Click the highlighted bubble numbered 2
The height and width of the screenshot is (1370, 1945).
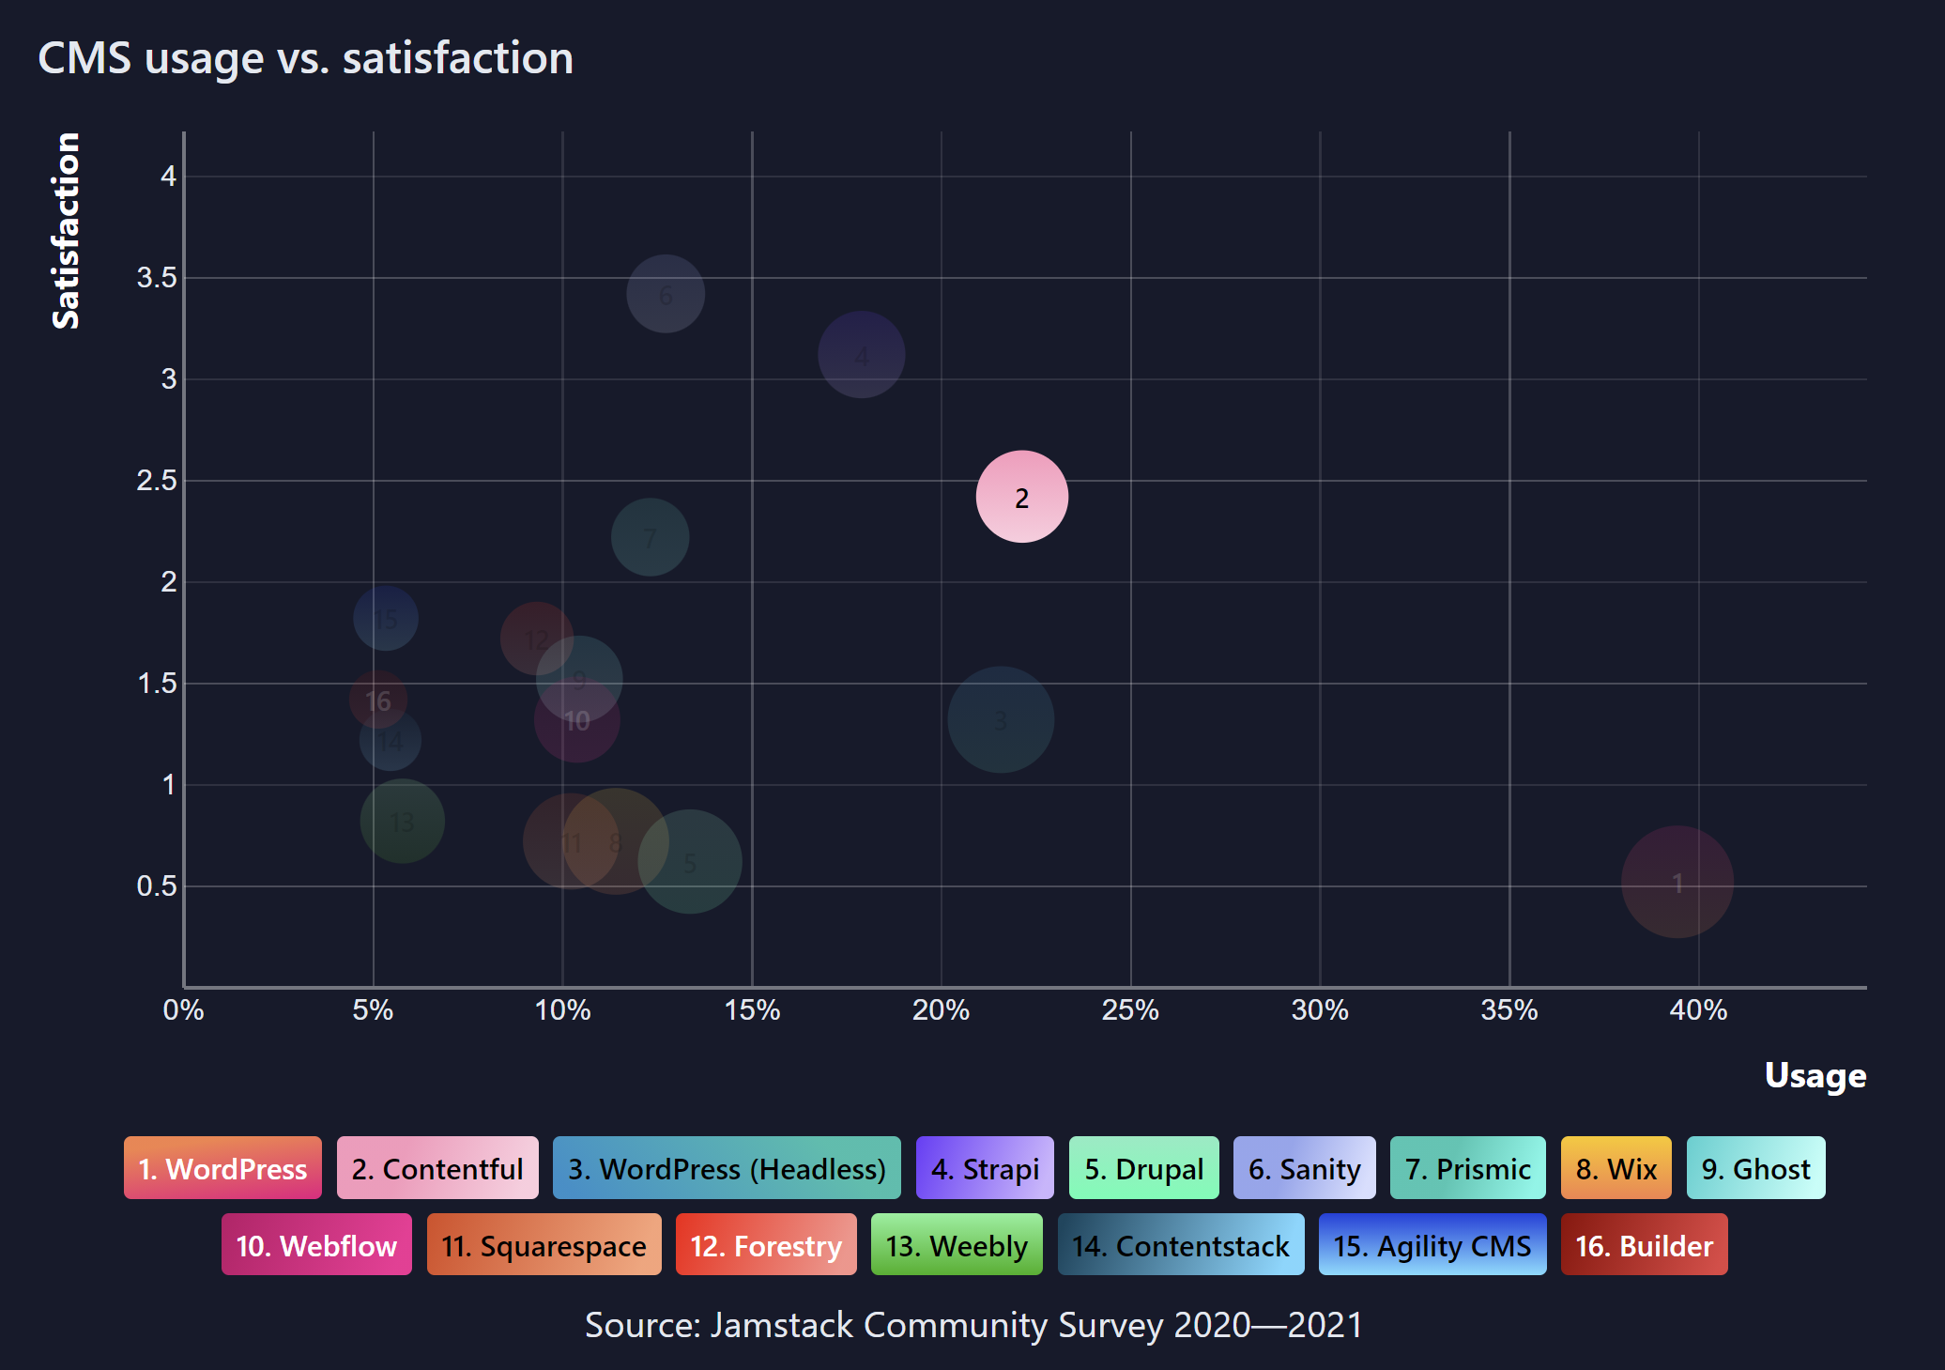(1021, 497)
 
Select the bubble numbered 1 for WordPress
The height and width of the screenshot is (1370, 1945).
(1677, 882)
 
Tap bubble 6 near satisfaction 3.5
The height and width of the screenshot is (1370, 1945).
(666, 294)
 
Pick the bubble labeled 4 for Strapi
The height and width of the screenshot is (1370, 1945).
(861, 355)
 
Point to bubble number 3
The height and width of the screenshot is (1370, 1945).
(1000, 719)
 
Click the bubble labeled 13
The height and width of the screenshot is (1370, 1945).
(402, 822)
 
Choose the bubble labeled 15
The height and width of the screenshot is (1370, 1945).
(385, 618)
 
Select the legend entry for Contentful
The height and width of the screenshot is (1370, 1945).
(437, 1168)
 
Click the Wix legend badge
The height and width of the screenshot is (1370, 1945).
(1616, 1168)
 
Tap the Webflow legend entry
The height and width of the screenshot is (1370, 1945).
(316, 1245)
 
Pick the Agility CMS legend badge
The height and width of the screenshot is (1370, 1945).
(1432, 1245)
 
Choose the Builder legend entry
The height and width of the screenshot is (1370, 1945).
(1644, 1245)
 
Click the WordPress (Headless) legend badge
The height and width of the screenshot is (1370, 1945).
(727, 1168)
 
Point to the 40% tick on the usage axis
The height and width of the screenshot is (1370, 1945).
(1697, 1010)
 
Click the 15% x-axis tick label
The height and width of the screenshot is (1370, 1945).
(752, 1010)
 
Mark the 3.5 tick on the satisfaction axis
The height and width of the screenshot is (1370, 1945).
(157, 278)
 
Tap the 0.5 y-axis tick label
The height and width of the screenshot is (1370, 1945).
(157, 885)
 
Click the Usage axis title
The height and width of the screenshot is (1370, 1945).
(1815, 1075)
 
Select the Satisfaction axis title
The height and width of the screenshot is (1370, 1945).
(66, 231)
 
